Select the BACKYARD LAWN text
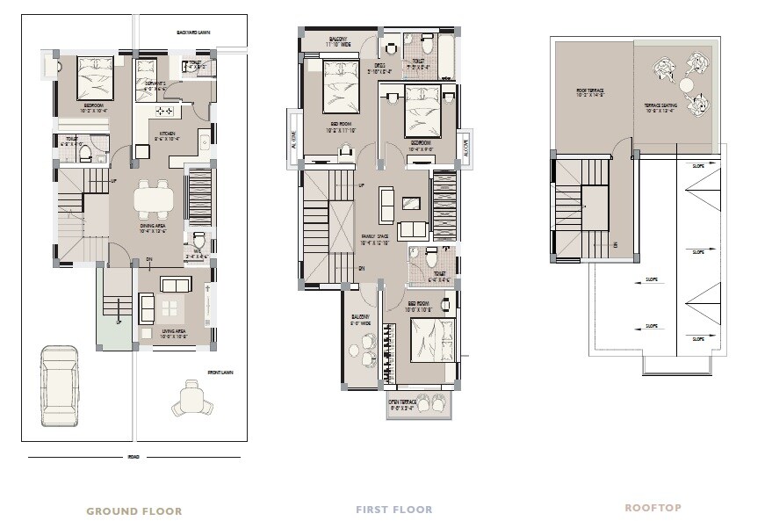[x=192, y=32]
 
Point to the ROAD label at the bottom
[x=133, y=457]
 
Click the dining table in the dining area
[x=155, y=199]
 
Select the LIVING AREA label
[x=176, y=332]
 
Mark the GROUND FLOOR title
[x=134, y=510]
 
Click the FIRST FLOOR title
[x=393, y=510]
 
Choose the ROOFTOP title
[x=653, y=508]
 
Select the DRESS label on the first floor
[x=379, y=65]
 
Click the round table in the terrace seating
[x=685, y=85]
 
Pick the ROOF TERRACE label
[x=589, y=90]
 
